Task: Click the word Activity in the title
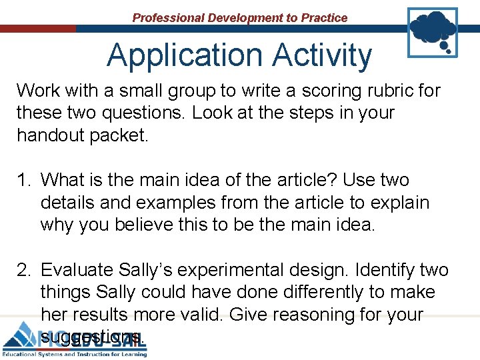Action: coord(319,55)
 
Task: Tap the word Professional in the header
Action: coord(169,18)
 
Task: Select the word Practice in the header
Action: coord(323,18)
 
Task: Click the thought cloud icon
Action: coord(433,31)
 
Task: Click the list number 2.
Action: coord(24,270)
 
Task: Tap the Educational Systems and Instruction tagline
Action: coord(73,353)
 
